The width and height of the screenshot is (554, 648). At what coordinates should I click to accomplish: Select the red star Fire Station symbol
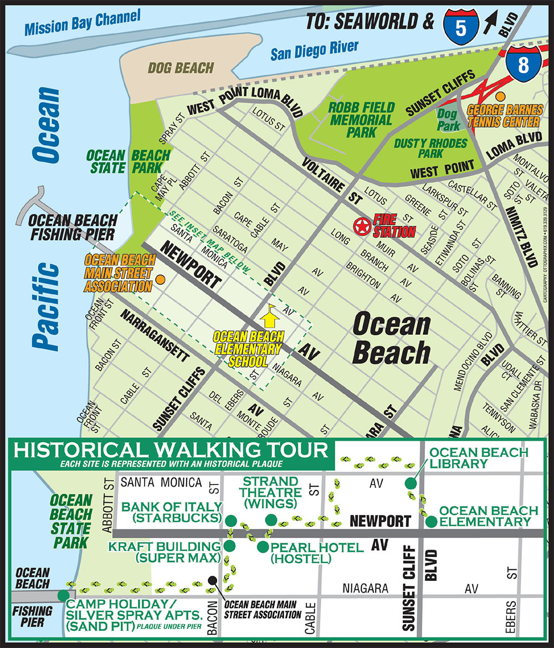coord(362,226)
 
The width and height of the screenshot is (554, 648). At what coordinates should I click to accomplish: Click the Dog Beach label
coord(181,68)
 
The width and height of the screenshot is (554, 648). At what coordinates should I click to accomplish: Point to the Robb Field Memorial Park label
coord(361,119)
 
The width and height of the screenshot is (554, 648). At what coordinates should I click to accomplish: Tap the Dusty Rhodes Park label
coord(423,148)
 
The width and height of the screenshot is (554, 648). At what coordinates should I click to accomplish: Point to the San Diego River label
coord(314,50)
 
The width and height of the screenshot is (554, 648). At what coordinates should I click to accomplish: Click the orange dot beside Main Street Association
coord(160,280)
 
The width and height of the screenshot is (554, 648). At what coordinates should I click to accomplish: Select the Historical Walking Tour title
coord(170,450)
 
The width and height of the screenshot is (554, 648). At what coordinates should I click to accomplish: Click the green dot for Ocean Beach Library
coord(410,482)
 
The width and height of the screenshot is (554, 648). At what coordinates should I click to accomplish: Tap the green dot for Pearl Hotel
coord(262,547)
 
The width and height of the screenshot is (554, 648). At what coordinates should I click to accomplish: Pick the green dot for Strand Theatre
coord(270,519)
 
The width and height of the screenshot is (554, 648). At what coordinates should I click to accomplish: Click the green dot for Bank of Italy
coord(230,519)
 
